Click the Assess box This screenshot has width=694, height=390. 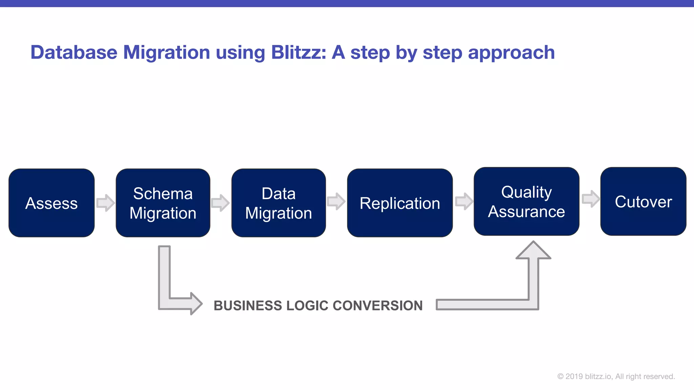(52, 203)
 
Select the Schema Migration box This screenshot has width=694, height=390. (163, 203)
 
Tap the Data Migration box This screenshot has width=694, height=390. (279, 203)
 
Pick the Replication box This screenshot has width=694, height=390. (400, 203)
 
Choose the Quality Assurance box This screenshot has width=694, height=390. (526, 201)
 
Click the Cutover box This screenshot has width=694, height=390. (643, 201)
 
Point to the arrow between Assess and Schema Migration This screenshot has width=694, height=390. (106, 203)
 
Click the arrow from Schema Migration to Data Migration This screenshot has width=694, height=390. (220, 203)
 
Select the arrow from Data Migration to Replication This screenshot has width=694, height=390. (336, 201)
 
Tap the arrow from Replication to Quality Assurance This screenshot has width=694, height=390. (464, 201)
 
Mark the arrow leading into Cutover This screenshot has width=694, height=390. (591, 199)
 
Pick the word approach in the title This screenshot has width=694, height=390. (511, 53)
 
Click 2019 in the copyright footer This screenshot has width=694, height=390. (574, 376)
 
